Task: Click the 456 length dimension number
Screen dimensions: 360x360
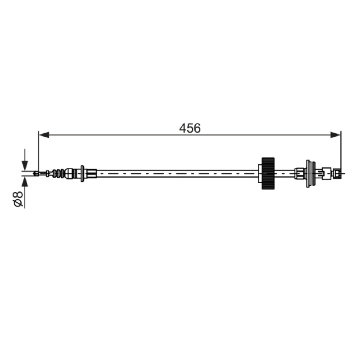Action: pos(190,128)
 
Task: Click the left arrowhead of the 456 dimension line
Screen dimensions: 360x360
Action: pos(44,135)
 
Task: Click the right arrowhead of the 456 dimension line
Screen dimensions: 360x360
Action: pos(335,135)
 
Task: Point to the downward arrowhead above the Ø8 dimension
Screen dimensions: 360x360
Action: pos(25,166)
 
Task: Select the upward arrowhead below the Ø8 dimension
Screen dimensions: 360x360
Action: pos(25,182)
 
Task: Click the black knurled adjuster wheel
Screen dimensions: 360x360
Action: pos(268,173)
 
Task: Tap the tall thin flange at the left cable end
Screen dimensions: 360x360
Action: pos(82,174)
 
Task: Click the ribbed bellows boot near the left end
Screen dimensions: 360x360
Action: pos(59,174)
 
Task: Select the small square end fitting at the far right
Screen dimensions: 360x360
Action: pos(337,173)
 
